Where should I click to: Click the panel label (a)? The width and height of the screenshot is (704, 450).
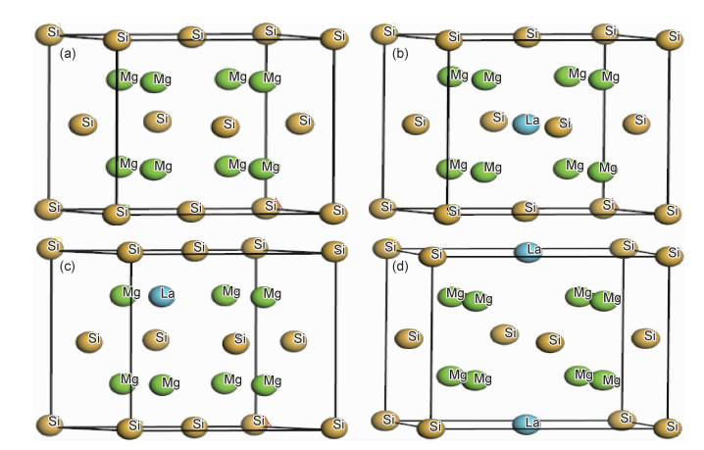point(69,52)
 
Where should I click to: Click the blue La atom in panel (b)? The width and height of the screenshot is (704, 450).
point(528,123)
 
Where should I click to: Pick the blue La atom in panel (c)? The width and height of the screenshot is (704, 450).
point(163,294)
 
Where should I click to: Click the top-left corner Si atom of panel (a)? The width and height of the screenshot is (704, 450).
point(48,33)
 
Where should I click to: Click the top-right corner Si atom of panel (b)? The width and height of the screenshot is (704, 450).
point(671,38)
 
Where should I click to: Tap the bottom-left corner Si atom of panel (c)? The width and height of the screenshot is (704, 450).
point(49,423)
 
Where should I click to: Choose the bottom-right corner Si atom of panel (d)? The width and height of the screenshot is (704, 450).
point(671,426)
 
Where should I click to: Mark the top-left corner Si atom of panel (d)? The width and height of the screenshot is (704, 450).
point(388,248)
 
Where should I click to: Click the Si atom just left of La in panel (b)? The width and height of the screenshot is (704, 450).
point(493,120)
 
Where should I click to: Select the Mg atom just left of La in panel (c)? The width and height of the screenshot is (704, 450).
point(126,293)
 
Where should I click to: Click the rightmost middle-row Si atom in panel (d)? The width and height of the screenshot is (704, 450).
point(644,336)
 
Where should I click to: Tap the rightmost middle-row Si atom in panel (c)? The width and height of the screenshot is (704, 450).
point(294,340)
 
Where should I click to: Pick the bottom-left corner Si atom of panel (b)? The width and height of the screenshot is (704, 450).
point(382,208)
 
